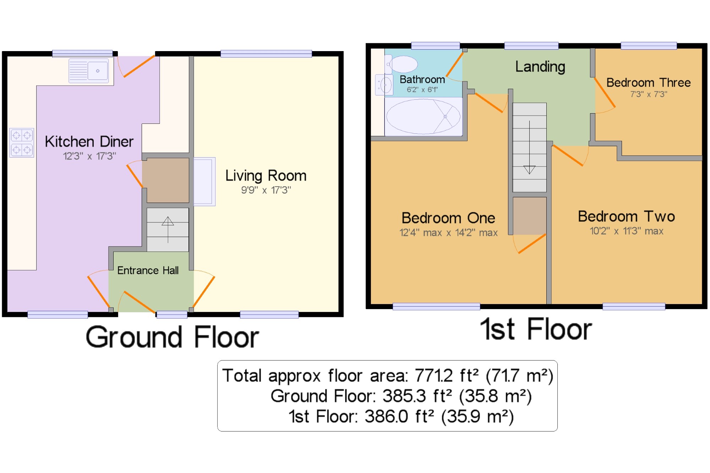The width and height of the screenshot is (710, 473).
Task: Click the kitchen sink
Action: click(x=88, y=71)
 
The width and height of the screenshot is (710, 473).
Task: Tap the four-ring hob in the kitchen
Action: click(x=22, y=143)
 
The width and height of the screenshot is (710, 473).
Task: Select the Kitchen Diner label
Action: click(x=89, y=141)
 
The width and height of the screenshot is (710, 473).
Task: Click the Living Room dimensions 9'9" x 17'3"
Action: click(x=266, y=190)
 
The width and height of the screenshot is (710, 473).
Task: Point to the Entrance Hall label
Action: click(x=148, y=270)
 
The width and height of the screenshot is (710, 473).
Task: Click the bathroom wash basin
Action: click(x=384, y=85)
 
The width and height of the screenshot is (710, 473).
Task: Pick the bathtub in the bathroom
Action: click(x=423, y=116)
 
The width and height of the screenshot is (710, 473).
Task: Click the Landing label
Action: click(x=540, y=67)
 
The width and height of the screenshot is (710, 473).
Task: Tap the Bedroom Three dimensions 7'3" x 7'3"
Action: click(x=649, y=94)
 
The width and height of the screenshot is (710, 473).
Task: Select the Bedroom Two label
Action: click(x=626, y=216)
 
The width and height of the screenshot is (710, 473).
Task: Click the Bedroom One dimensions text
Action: click(x=448, y=233)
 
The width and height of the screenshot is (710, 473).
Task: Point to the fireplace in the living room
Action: click(x=204, y=181)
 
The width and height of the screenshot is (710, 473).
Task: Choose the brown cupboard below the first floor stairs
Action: click(x=529, y=216)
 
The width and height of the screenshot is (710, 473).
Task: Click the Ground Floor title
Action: click(x=173, y=337)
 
